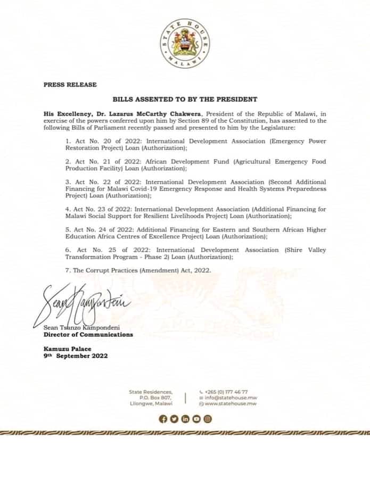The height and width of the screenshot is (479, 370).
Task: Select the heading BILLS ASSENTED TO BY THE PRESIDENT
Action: tap(185, 99)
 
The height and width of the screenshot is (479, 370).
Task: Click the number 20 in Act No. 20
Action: tap(108, 141)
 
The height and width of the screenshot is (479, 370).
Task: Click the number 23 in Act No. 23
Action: tap(109, 210)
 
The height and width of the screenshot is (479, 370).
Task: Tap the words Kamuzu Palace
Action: tap(60, 349)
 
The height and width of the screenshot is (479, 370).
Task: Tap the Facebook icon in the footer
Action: tap(162, 419)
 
